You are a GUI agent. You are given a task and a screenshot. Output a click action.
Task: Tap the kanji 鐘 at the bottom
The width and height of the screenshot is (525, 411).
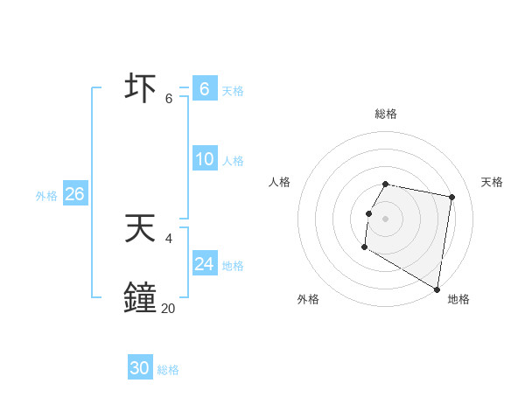(x=142, y=298)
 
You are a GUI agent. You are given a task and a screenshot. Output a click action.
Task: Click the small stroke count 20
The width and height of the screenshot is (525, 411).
(x=168, y=308)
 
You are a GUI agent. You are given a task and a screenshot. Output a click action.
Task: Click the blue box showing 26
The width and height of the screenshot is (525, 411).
(x=74, y=194)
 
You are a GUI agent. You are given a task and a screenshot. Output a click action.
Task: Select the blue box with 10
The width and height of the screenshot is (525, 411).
(x=205, y=159)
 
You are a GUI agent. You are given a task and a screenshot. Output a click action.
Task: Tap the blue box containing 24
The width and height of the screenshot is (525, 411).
(x=205, y=264)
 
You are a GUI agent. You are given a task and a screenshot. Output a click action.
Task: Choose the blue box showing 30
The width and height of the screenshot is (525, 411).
(x=140, y=368)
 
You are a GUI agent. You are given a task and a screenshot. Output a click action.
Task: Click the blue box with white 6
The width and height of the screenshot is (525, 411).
(x=205, y=89)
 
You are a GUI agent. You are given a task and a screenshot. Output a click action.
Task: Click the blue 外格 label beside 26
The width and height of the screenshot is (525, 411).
(x=46, y=196)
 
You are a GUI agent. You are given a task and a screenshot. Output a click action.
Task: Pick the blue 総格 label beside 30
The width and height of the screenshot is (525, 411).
(x=168, y=370)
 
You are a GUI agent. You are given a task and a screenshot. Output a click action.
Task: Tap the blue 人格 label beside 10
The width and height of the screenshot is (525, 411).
(x=233, y=161)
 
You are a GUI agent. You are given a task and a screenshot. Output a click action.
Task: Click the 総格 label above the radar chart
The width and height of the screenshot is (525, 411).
(x=386, y=114)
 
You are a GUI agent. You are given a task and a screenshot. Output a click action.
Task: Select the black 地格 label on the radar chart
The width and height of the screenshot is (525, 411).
(x=458, y=299)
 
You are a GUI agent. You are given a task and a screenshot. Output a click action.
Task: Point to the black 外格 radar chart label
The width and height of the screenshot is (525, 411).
(x=308, y=299)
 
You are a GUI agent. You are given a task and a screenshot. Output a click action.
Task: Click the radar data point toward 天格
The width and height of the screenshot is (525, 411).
(x=451, y=198)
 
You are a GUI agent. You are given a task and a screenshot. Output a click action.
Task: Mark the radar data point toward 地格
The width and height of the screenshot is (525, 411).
(x=437, y=289)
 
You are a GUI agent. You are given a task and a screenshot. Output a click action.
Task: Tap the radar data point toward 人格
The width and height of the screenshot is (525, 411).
(x=368, y=213)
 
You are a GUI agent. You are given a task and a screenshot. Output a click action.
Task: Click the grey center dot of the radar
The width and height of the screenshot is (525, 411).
(x=386, y=218)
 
